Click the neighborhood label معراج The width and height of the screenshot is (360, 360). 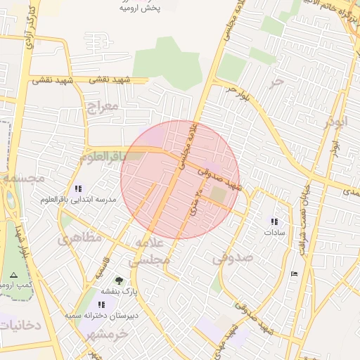point(101,107)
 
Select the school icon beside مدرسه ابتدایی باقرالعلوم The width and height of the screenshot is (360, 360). point(77,188)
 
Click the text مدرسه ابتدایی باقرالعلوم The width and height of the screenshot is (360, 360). point(77,200)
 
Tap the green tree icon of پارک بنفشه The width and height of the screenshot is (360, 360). point(118,280)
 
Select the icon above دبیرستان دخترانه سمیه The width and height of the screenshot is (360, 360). point(102,304)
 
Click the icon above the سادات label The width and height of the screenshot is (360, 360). point(274,221)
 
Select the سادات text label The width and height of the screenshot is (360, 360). point(274,231)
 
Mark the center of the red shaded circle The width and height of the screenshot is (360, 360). point(180,179)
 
